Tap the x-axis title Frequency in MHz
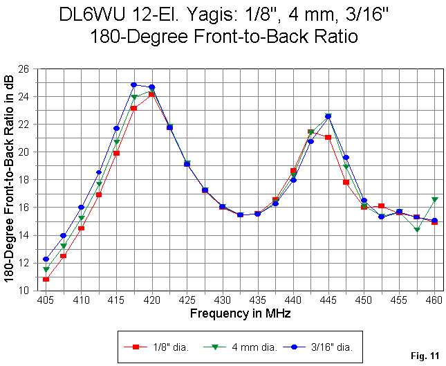[x=240, y=313]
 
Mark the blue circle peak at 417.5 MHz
[x=134, y=85]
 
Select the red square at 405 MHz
[x=46, y=280]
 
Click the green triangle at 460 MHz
[x=434, y=199]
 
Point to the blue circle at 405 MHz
[x=46, y=259]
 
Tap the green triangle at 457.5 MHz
[x=417, y=229]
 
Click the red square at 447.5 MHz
[x=346, y=182]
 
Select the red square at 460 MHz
[x=434, y=222]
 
